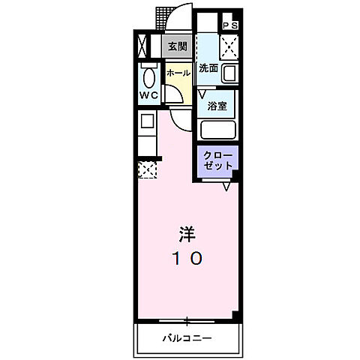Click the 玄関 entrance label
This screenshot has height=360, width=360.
tap(178, 46)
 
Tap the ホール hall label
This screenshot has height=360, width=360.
tap(178, 73)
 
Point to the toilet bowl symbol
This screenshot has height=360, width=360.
tap(148, 77)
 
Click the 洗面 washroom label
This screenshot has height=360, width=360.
tap(208, 68)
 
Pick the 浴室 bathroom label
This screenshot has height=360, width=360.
tap(217, 106)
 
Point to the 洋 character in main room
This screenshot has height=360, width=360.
tap(187, 234)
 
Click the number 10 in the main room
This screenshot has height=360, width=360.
tap(187, 259)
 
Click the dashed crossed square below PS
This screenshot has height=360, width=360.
tap(229, 49)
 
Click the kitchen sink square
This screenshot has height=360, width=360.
tap(146, 121)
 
